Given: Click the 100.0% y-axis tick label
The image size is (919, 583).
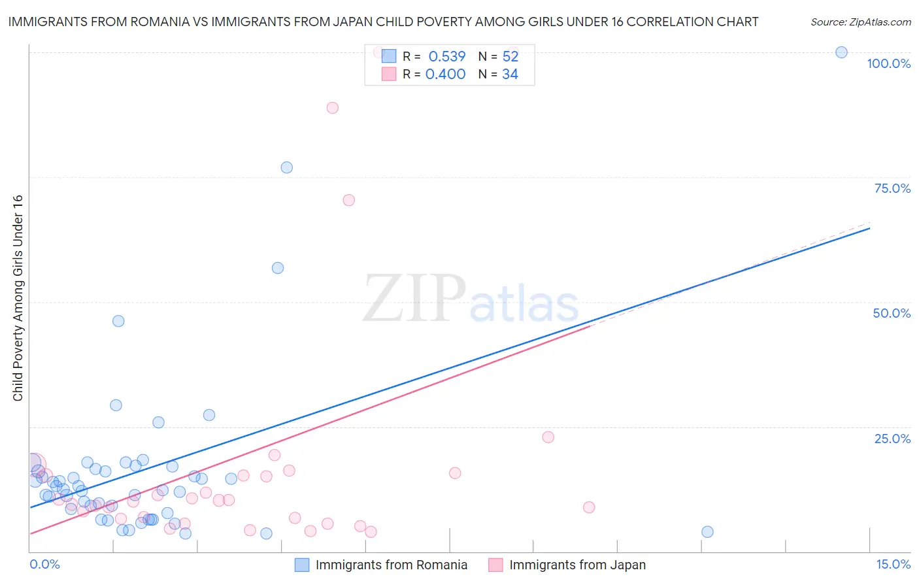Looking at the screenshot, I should point(888,63).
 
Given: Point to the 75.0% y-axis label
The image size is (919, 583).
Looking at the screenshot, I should point(892,188).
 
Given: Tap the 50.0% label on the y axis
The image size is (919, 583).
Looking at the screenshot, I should point(892,313).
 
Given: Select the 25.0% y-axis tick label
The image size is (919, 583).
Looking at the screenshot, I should point(892,439).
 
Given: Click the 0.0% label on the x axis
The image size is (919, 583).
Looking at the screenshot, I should point(44,564).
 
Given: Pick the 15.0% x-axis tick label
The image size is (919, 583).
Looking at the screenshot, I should point(893,564).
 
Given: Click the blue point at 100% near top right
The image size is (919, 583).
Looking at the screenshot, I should point(841,52).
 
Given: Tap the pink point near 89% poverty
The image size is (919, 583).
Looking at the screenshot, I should point(332,108).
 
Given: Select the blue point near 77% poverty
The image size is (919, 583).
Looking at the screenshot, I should point(286,167).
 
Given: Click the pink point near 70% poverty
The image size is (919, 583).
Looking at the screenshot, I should point(348,200).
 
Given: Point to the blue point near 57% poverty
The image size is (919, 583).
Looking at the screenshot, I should point(277,268).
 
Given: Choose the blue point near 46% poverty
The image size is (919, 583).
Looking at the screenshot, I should point(118,321).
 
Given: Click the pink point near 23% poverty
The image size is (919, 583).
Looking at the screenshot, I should point(548,437).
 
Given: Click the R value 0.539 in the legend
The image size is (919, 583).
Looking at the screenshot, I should point(447,57).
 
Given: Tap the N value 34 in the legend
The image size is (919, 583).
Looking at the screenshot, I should point(510,75).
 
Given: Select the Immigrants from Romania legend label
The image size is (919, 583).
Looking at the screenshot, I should point(391,565).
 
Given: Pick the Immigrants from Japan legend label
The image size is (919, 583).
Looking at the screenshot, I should point(577,565).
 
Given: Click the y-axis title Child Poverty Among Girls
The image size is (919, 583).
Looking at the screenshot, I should point(18,298).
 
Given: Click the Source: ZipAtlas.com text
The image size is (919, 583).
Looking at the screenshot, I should point(860,22).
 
